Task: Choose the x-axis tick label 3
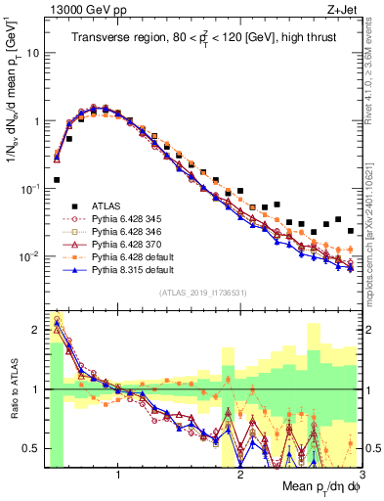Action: coord(362,474)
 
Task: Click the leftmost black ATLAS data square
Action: coord(57,180)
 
